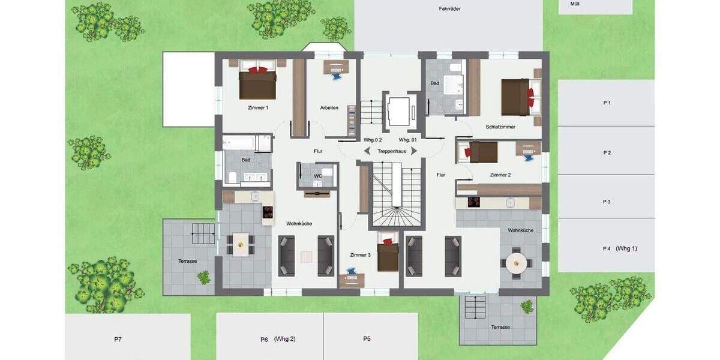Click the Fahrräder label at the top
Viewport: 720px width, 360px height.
[x=449, y=8]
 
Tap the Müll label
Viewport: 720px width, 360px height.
[x=574, y=4]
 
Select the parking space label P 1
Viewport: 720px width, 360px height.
[x=607, y=103]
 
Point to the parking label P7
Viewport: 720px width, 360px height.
[x=118, y=340]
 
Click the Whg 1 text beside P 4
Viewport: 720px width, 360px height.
[x=626, y=248]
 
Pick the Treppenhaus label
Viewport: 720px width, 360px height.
[x=392, y=151]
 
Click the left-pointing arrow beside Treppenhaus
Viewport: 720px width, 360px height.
[x=367, y=151]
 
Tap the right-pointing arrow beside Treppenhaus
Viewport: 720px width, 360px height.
[x=414, y=151]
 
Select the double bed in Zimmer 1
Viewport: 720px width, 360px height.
[x=257, y=83]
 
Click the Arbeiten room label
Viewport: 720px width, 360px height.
[x=329, y=108]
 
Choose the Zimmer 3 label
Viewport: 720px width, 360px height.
[x=360, y=255]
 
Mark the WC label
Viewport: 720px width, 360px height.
[x=318, y=176]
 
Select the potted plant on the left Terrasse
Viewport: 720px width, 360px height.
[x=204, y=277]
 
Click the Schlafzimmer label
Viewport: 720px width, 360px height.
[x=500, y=127]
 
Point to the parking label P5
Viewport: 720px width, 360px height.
[x=367, y=339]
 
